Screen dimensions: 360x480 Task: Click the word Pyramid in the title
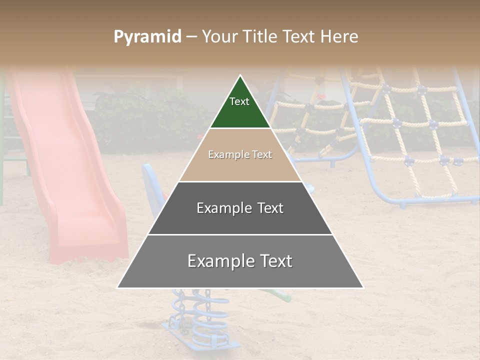(147, 36)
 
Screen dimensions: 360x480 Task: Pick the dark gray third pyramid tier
(240, 220)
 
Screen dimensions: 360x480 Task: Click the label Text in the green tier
(239, 101)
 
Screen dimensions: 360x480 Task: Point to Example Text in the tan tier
(240, 154)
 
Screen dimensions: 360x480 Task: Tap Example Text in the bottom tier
(240, 261)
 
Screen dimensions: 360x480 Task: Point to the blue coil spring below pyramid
(205, 315)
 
